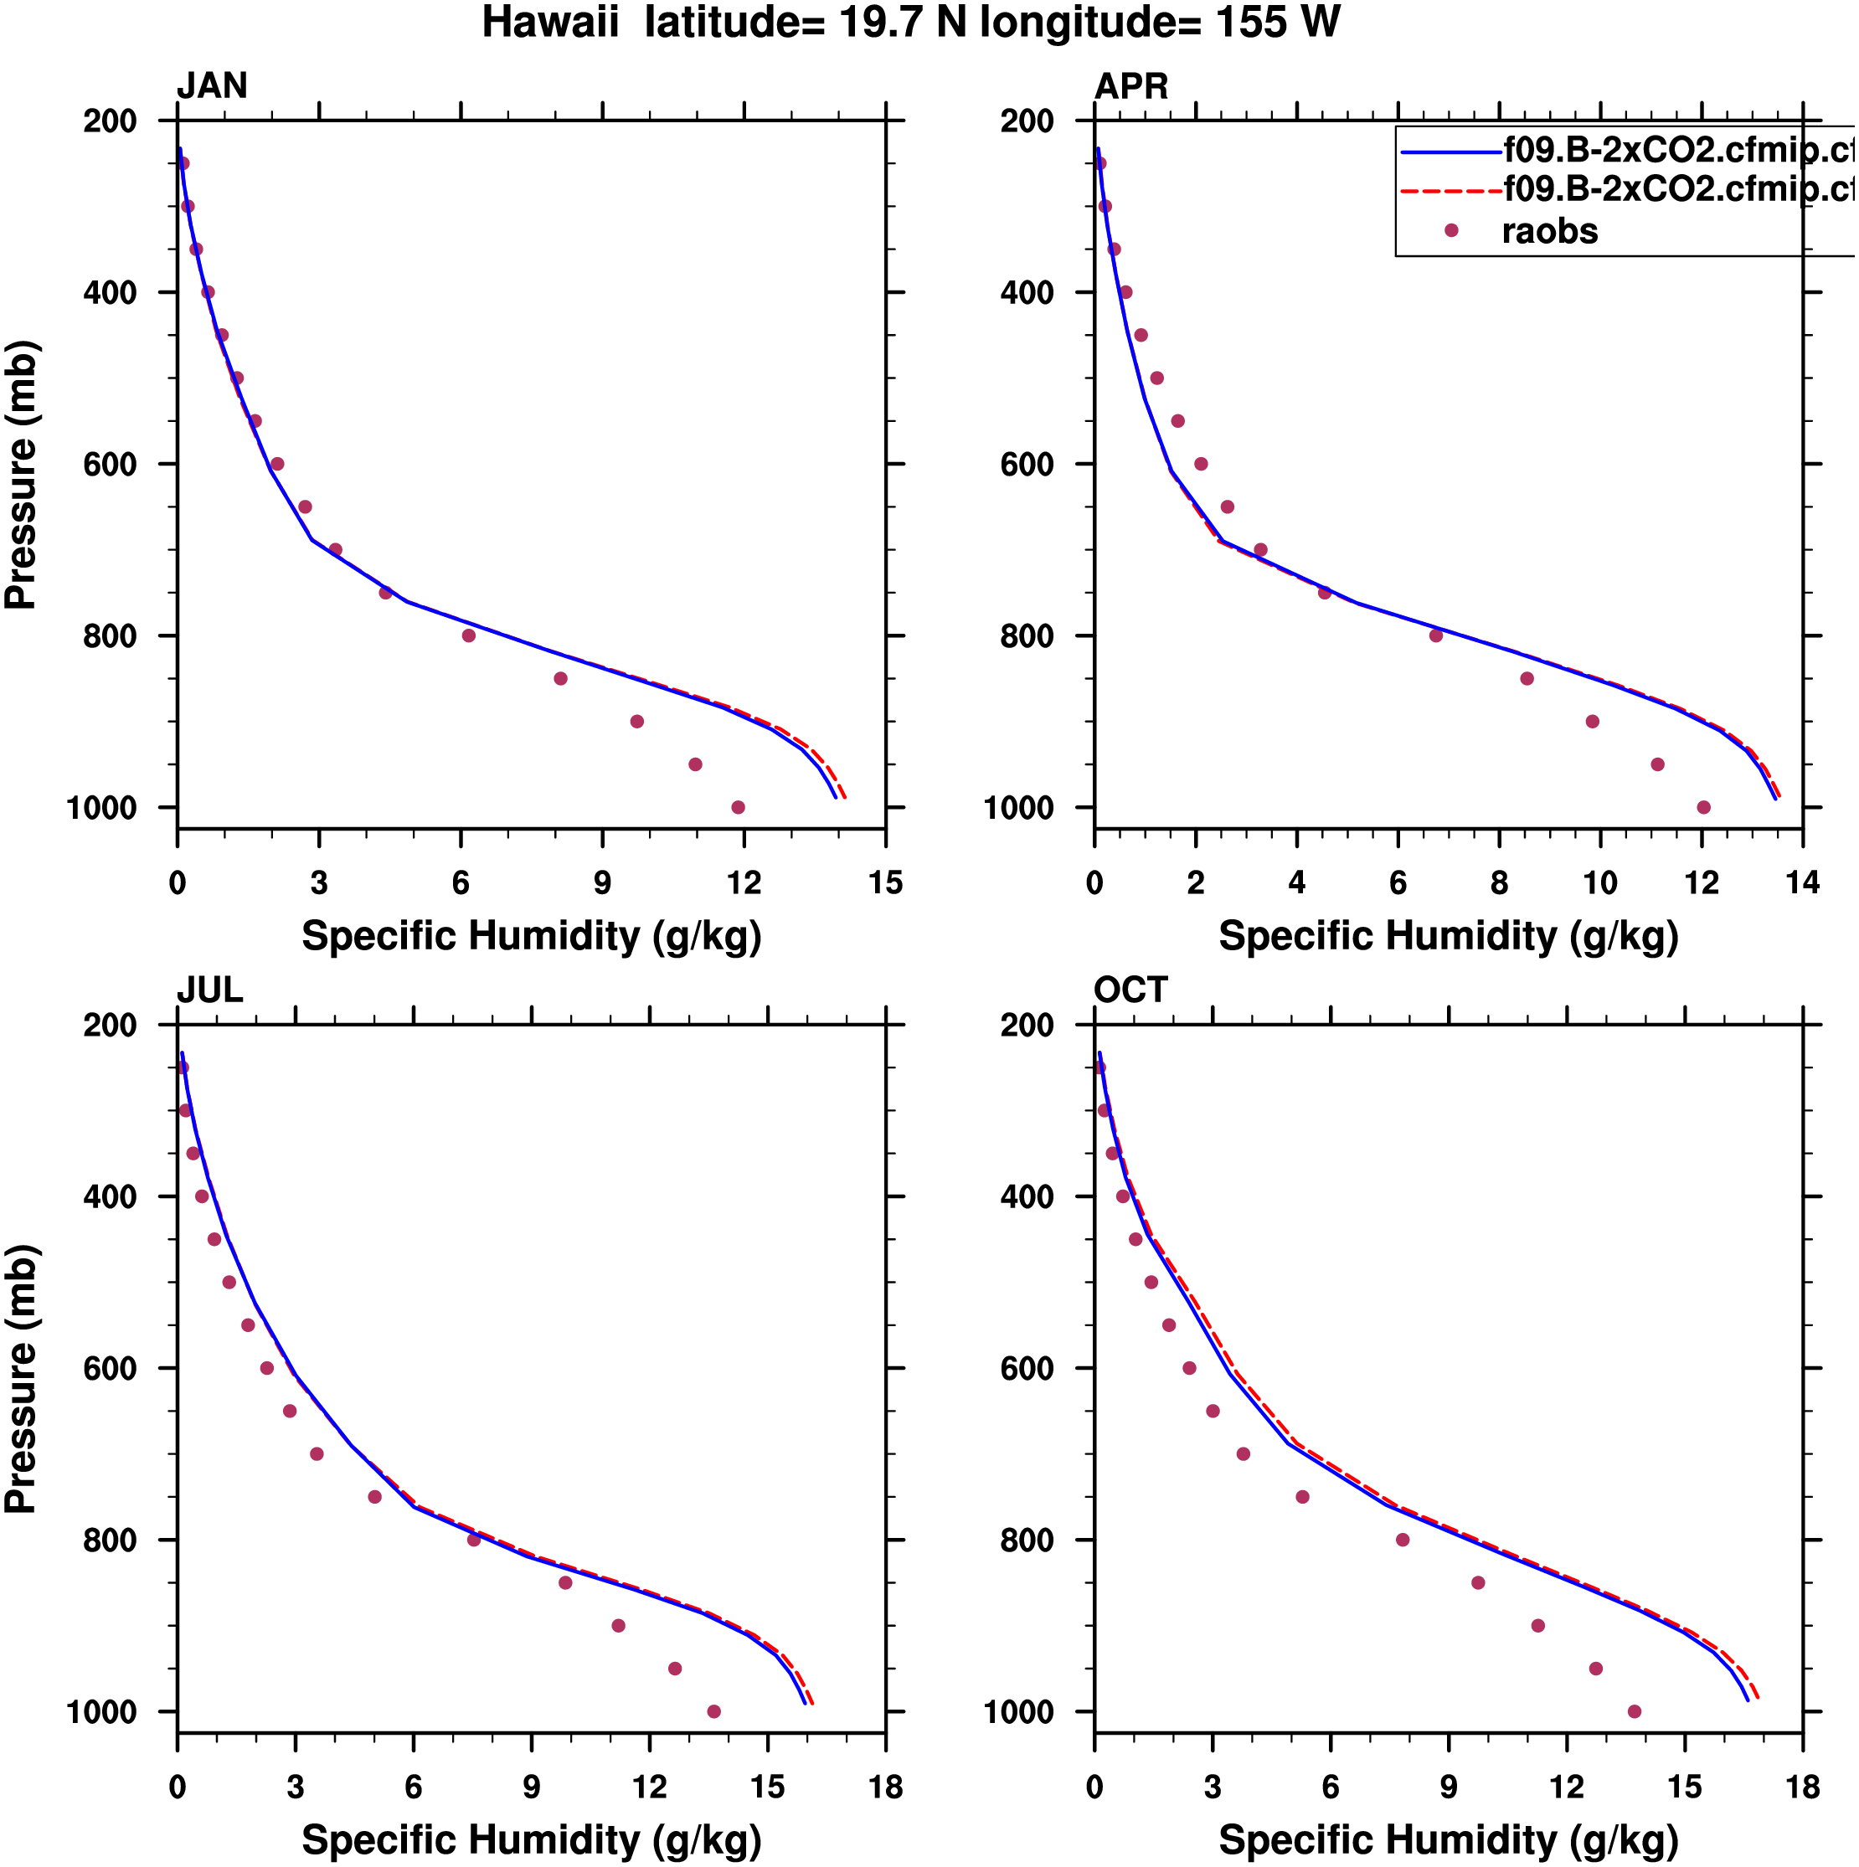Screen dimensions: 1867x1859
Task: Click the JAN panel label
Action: (x=212, y=87)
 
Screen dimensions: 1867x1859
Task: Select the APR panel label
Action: (x=1131, y=87)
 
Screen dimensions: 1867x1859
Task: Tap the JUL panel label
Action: (x=210, y=990)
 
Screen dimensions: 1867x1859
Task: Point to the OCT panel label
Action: (x=1130, y=990)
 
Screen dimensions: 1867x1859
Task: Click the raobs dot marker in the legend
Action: (x=1451, y=231)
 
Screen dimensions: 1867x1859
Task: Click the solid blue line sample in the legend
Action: (x=1450, y=152)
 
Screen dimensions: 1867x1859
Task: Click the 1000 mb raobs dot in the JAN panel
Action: (x=739, y=808)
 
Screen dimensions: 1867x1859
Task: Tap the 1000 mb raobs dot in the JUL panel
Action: (x=714, y=1711)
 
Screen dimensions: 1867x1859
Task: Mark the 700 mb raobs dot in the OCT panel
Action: (x=1244, y=1454)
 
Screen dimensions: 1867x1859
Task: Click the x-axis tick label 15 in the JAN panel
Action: (x=885, y=883)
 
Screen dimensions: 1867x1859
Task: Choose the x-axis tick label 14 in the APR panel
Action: (x=1803, y=883)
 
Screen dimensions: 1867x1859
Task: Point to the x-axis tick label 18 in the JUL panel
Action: (x=885, y=1787)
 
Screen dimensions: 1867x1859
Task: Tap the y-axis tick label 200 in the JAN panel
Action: (x=111, y=121)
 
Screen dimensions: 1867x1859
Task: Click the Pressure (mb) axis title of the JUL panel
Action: (x=21, y=1379)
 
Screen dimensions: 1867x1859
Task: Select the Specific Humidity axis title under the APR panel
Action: (x=1448, y=936)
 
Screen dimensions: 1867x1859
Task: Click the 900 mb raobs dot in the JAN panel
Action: (x=637, y=722)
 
